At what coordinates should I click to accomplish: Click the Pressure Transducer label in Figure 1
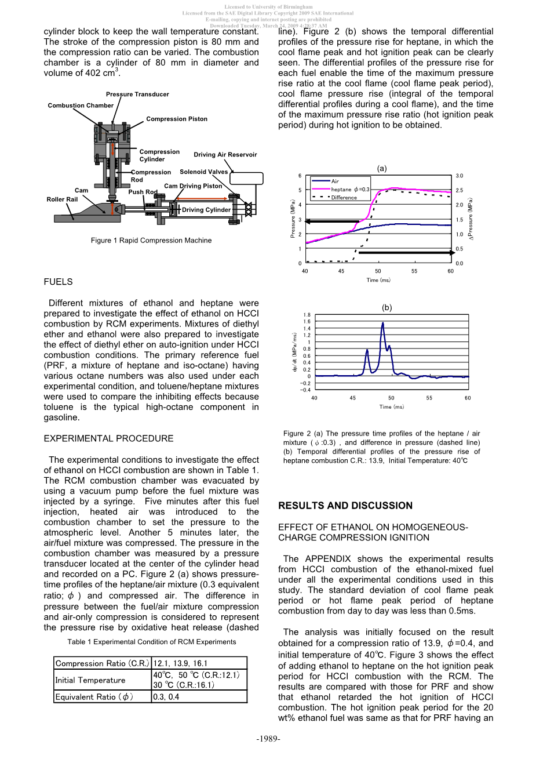click(x=137, y=94)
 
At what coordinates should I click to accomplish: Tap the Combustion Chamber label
click(x=81, y=106)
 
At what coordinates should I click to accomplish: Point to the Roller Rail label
click(x=62, y=199)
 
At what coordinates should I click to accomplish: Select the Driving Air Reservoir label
click(x=225, y=155)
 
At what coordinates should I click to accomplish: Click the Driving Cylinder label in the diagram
click(x=206, y=210)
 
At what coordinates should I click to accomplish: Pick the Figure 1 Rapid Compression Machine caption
click(x=151, y=241)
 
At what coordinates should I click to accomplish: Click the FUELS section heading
click(x=58, y=282)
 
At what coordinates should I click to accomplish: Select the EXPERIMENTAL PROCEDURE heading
click(x=108, y=439)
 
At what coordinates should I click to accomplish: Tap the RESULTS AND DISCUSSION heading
click(x=345, y=506)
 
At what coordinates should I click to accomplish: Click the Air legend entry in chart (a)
click(x=335, y=181)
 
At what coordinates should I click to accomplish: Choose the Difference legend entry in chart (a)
click(x=344, y=198)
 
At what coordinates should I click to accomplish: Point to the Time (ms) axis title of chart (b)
click(x=391, y=407)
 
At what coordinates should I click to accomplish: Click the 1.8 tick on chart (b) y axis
click(x=307, y=315)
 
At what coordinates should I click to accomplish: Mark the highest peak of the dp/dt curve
click(x=383, y=323)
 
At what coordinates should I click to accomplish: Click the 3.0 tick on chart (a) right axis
click(x=460, y=176)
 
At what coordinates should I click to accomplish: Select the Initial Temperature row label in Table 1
click(x=90, y=680)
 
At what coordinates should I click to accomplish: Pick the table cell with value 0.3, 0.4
click(x=166, y=697)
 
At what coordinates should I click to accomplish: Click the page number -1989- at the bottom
click(x=268, y=739)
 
